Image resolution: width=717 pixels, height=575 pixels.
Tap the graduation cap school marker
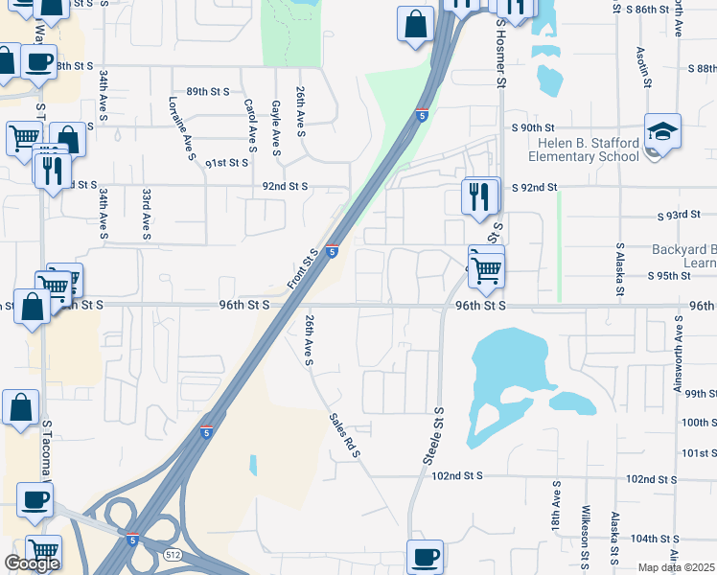tap(661, 130)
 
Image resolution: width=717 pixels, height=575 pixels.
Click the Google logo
tap(31, 563)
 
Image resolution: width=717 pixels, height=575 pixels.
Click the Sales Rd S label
tap(343, 435)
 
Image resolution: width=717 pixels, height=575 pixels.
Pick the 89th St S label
tap(208, 91)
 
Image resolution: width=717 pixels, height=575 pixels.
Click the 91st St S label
tap(228, 164)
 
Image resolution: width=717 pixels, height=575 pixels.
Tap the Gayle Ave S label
tap(276, 128)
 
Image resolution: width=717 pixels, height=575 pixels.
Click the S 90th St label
tap(534, 127)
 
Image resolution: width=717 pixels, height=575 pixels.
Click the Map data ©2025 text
tap(677, 567)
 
